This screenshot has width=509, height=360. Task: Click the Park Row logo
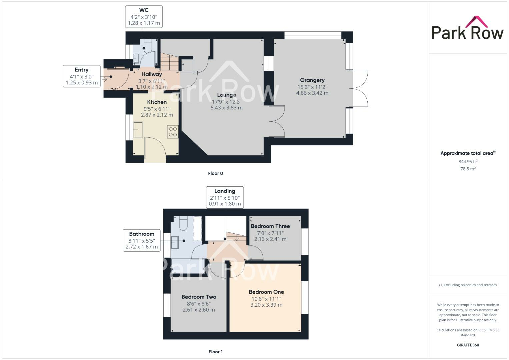point(467,28)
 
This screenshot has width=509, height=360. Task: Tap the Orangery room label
point(312,80)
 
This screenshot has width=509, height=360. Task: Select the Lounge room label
point(226,95)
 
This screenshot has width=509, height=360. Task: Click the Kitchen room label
point(157,102)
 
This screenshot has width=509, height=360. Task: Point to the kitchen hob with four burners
point(173,132)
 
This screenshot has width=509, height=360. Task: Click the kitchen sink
point(138,130)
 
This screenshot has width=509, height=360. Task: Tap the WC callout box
point(144,17)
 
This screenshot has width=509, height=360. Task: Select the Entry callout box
point(82,76)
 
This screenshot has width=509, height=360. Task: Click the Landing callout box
point(225,197)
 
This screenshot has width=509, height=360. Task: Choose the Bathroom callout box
point(142,240)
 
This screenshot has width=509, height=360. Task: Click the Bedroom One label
point(266,292)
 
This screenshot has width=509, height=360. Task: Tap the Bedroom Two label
point(199,297)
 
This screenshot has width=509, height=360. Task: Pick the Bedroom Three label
point(270,226)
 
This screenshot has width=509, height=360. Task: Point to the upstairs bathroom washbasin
point(174,243)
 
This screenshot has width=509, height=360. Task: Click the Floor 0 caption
point(215,173)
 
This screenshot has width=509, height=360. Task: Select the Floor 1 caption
point(215,352)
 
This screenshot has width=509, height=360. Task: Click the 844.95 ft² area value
point(468,162)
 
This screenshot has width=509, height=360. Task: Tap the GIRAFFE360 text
point(468,345)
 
